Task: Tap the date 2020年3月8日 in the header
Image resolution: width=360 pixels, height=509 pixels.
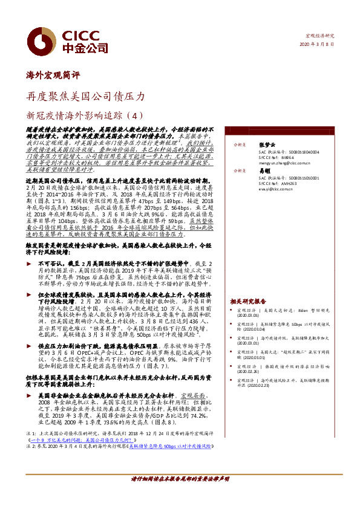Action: coord(316,45)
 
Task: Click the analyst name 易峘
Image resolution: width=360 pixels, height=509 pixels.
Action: coord(265,171)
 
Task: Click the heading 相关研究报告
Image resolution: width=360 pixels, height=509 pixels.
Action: coord(248,300)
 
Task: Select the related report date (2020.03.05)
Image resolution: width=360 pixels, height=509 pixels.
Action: coord(247,315)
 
